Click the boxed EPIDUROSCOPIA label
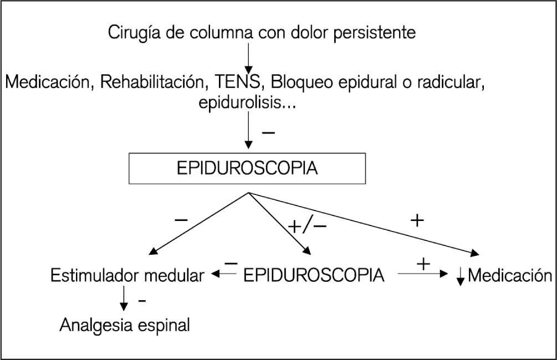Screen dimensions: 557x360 (x=248, y=168)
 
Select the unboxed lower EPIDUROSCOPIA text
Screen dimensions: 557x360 (x=314, y=275)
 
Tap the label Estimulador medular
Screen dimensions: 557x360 (x=127, y=275)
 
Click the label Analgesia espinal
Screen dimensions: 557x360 (x=125, y=325)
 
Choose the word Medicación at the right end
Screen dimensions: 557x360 (x=510, y=275)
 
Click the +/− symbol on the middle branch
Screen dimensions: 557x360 (x=307, y=227)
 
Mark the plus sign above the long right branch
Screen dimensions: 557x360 (x=417, y=222)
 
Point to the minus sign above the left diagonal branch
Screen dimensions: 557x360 (x=181, y=220)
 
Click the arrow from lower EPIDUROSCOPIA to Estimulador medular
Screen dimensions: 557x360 (x=223, y=274)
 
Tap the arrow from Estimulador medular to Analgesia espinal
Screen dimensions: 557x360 (x=124, y=300)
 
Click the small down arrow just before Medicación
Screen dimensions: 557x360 (x=460, y=277)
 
